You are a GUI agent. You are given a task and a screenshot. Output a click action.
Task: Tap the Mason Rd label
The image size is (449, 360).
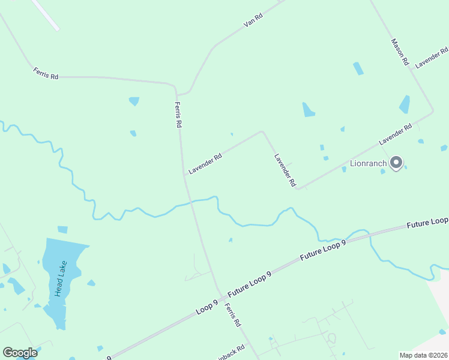pos(400,52)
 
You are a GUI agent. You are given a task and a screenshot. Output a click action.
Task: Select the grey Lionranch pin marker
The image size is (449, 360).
pos(396,163)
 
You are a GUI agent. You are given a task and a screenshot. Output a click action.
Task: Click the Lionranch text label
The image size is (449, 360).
pos(369,163)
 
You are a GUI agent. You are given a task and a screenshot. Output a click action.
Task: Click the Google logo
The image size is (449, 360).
pos(20,353)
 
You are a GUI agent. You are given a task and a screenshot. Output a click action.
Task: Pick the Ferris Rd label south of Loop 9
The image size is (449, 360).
pos(232,314)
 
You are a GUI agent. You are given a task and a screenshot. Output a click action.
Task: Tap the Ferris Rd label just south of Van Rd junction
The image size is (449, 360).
pos(178,114)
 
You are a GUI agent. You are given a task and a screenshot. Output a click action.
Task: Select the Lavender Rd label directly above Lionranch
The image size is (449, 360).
pos(395,134)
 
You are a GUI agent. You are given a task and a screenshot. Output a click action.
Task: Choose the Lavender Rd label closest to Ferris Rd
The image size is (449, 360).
pos(205,163)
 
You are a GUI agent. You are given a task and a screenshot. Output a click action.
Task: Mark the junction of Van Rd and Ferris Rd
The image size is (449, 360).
pos(176,94)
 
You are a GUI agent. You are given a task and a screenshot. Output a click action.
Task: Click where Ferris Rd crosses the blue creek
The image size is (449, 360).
pos(192,202)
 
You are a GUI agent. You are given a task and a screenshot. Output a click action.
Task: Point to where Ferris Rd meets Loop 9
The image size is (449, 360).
pos(221,296)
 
